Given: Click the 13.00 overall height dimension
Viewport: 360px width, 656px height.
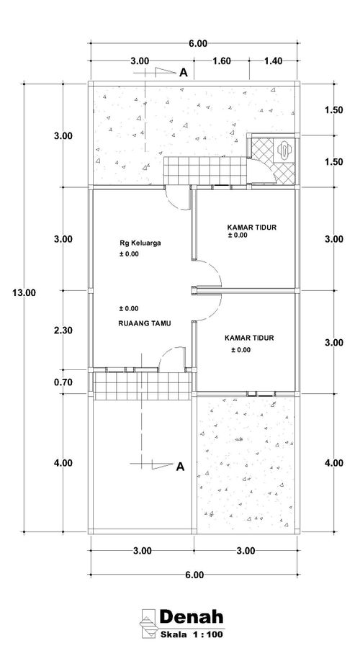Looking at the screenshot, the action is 24,292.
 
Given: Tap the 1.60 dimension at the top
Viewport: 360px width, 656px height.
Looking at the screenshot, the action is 222,61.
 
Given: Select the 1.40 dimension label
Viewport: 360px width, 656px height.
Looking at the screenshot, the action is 274,61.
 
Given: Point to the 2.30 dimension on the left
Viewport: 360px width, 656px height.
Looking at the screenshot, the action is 63,330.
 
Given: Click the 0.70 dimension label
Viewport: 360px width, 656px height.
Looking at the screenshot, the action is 63,382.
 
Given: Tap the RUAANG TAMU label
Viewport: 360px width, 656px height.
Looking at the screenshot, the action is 145,323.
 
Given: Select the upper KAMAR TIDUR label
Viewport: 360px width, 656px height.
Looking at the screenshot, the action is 252,227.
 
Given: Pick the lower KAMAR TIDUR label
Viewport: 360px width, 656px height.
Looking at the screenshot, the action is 249,338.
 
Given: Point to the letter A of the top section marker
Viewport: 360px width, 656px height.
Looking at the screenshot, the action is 184,73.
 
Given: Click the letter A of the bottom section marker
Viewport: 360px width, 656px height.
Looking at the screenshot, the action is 180,467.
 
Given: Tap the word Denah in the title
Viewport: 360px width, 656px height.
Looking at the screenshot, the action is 192,616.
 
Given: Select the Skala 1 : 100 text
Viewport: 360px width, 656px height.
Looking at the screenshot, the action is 192,634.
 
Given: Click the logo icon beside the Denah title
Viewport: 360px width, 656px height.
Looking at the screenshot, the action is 148,624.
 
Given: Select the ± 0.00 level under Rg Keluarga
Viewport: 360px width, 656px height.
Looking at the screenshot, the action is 129,254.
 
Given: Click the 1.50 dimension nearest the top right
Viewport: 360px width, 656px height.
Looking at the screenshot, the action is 333,110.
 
